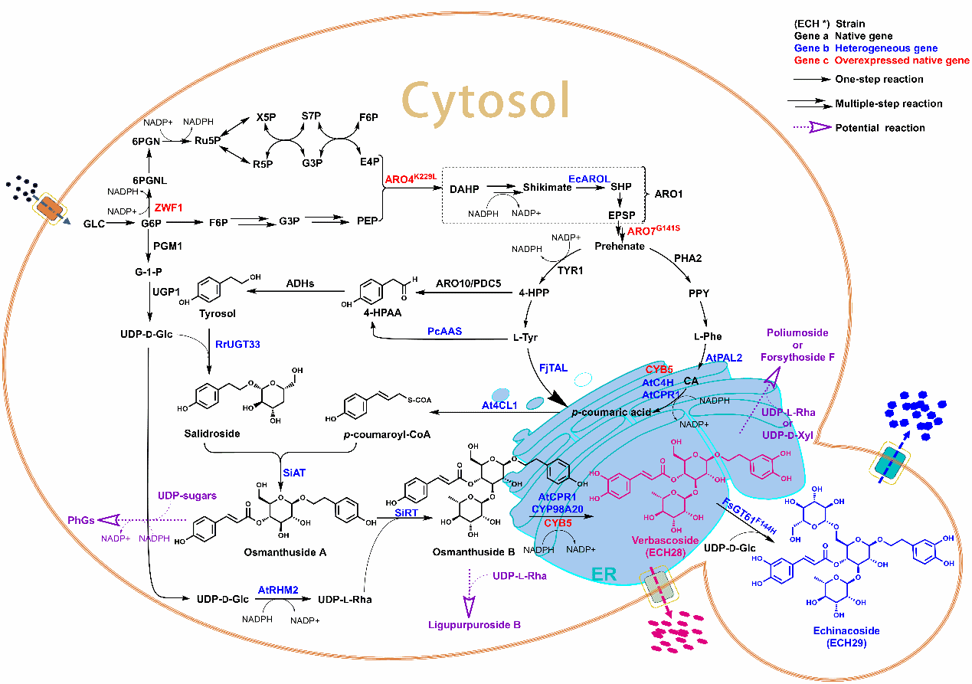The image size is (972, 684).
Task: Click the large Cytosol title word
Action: pos(486,100)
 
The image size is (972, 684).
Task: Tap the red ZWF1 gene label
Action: pos(169,207)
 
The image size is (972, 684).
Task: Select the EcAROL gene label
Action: pos(589,178)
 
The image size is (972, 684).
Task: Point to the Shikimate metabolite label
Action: pos(548,187)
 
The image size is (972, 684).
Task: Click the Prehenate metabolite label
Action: pos(620,246)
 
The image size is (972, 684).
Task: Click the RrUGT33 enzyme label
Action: pos(237,345)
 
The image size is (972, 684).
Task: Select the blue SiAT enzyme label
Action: pos(294,473)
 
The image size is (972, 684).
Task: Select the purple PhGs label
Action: pos(82,521)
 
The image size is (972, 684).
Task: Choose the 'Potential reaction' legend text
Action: pos(880,128)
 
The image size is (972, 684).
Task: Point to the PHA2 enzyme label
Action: pos(688,259)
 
